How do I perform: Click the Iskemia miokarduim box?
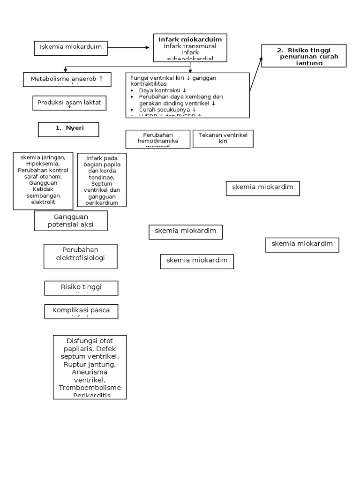[71, 48]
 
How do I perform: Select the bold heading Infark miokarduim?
[190, 39]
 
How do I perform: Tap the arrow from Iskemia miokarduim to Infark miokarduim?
[128, 48]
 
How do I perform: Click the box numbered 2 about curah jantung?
[304, 56]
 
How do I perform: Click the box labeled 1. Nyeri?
[68, 129]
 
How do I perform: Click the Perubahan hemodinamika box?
[157, 139]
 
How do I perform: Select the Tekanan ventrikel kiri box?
[223, 138]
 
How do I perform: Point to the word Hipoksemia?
[43, 165]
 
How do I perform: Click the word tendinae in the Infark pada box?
[102, 178]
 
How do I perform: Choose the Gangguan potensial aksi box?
[71, 220]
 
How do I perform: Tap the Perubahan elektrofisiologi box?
[81, 256]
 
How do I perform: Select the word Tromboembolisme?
[90, 388]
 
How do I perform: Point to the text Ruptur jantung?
[90, 364]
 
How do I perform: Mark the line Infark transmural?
[190, 46]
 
